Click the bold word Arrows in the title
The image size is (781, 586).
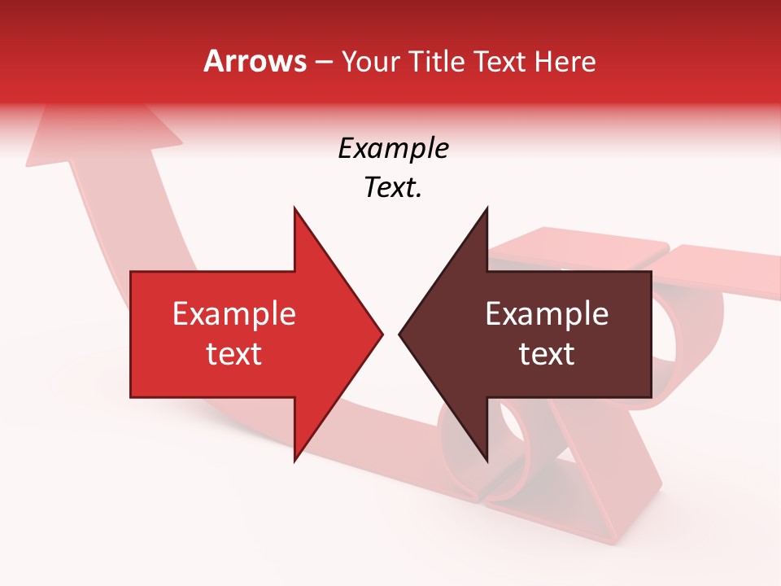click(x=255, y=61)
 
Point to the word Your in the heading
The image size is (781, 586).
click(x=369, y=62)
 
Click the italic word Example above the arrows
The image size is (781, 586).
click(x=393, y=149)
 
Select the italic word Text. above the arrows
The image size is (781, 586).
click(x=393, y=187)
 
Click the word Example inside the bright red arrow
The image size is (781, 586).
click(x=234, y=313)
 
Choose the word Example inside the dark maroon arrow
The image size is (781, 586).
click(x=547, y=313)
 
